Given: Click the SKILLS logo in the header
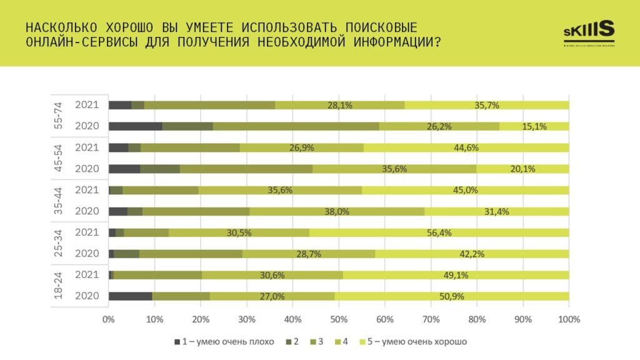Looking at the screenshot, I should (589, 32).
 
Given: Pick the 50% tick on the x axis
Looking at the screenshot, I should (339, 319).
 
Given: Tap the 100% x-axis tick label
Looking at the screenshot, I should (568, 319).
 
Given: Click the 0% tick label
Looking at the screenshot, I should (109, 319).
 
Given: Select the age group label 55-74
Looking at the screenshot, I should (57, 116).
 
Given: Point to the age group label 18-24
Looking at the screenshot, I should (57, 286).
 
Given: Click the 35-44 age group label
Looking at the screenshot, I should (57, 201).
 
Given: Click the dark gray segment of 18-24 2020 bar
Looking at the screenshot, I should (130, 296).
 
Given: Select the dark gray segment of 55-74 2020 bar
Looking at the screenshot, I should (135, 126).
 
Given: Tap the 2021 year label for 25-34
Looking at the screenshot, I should (86, 232).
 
